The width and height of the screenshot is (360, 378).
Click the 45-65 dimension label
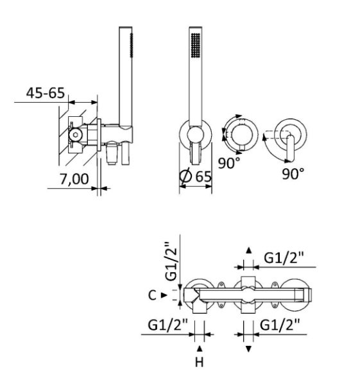[46, 93]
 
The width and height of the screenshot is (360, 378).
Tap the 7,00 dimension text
[74, 179]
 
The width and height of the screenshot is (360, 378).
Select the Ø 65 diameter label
[196, 176]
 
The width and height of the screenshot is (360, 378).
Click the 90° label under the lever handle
[293, 173]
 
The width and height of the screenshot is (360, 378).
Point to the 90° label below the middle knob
[229, 163]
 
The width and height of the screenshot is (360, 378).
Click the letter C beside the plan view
[152, 295]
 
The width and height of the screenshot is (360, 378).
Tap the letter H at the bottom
[200, 362]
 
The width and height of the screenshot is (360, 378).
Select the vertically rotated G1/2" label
[171, 261]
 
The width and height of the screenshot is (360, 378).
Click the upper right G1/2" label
[284, 258]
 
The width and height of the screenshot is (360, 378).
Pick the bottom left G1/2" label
[168, 325]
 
